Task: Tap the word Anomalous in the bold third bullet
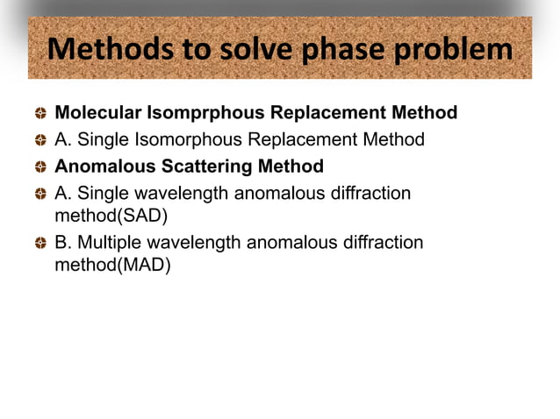pyautogui.click(x=97, y=166)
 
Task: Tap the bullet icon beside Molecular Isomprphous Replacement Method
pyautogui.click(x=40, y=114)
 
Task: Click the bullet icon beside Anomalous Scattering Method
pyautogui.click(x=40, y=167)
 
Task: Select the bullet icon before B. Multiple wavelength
pyautogui.click(x=40, y=243)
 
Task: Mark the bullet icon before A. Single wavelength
pyautogui.click(x=40, y=194)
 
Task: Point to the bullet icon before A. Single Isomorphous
pyautogui.click(x=40, y=140)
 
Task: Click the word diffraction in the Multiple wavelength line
pyautogui.click(x=380, y=242)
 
